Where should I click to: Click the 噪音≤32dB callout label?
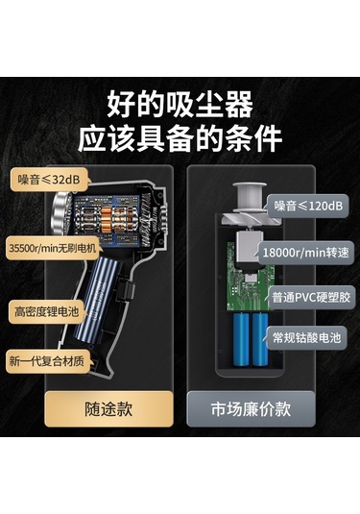click(50, 180)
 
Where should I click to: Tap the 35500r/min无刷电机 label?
click(53, 248)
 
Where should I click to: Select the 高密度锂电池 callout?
click(46, 311)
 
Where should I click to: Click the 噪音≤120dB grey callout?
click(308, 206)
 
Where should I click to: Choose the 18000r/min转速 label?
click(306, 253)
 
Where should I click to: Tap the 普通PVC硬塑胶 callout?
click(311, 298)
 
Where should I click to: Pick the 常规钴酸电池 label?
click(306, 337)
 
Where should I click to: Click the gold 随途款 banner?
click(108, 408)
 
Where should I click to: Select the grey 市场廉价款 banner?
click(251, 408)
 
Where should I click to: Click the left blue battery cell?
click(241, 339)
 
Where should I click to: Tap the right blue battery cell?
click(260, 339)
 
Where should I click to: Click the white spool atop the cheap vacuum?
click(250, 196)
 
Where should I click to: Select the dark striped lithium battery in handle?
click(96, 299)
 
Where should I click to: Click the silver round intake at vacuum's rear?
click(61, 213)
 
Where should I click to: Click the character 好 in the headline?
click(122, 105)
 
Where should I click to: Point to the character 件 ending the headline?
click(267, 138)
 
